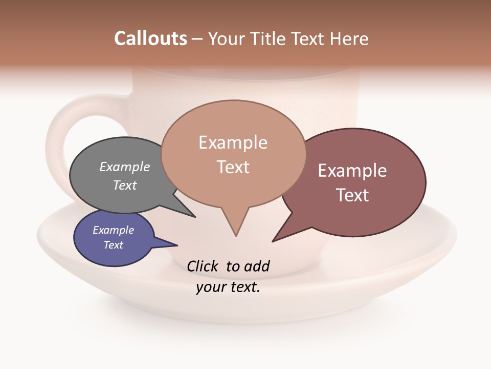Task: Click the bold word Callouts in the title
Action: tap(150, 38)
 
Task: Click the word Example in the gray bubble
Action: tap(125, 167)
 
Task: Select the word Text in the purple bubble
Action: tap(114, 245)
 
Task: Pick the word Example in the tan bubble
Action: tap(233, 142)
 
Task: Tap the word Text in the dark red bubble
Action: tap(352, 195)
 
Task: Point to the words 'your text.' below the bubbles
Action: tap(228, 287)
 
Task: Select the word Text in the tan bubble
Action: tap(233, 167)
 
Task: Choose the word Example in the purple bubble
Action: tap(114, 231)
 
